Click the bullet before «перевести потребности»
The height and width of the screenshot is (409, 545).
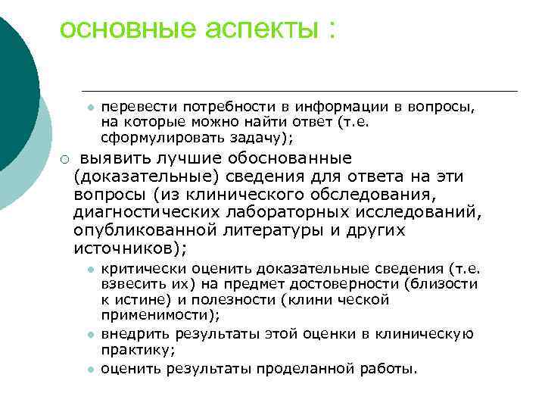click(x=89, y=107)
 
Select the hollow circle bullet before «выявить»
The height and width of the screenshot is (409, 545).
click(x=65, y=159)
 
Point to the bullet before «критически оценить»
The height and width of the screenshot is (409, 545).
click(x=89, y=270)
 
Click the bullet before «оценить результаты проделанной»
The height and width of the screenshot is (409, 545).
click(x=89, y=370)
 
